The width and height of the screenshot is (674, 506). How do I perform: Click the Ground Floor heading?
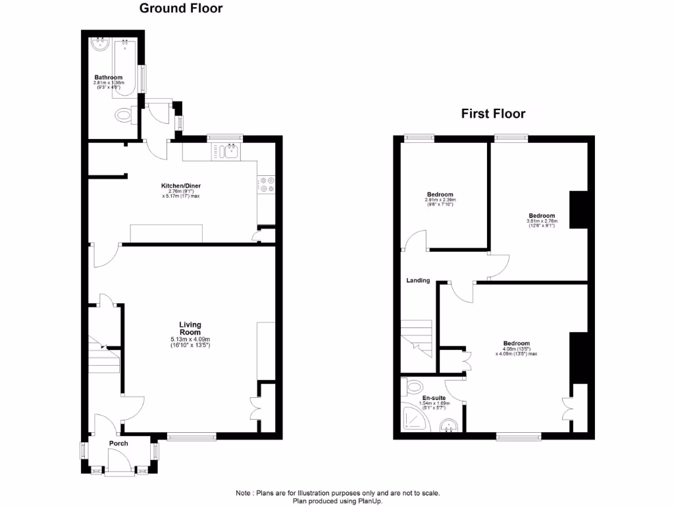click(x=180, y=9)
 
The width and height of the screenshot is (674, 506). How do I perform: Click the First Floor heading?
click(x=493, y=114)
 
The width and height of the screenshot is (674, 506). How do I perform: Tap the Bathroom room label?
click(x=108, y=78)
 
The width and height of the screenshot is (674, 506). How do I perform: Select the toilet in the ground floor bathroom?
click(x=124, y=117)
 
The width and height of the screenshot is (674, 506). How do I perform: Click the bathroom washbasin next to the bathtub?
click(x=100, y=45)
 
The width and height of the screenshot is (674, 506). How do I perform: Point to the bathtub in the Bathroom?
click(x=125, y=66)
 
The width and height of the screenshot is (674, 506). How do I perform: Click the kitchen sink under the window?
click(x=228, y=152)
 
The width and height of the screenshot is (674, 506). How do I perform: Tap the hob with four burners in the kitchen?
click(x=267, y=184)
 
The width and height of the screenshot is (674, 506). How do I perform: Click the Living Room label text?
click(x=190, y=328)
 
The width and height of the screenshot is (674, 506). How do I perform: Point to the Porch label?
click(x=118, y=443)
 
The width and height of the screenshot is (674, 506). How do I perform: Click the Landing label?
click(x=418, y=281)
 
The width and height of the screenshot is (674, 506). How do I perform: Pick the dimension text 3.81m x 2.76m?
click(x=541, y=221)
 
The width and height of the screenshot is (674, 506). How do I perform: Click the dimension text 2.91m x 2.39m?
click(x=440, y=200)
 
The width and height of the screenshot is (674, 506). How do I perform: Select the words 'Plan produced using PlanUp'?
click(x=337, y=501)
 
